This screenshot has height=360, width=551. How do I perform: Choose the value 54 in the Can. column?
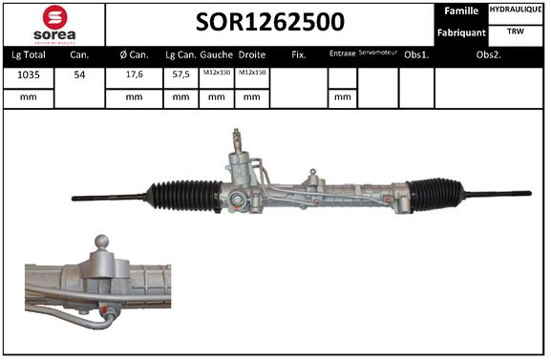point(79,74)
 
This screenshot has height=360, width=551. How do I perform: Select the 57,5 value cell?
point(180,74)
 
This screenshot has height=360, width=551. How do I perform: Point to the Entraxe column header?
point(342,54)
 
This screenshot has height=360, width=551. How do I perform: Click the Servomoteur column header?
point(377,54)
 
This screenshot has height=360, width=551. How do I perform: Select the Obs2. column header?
point(490,54)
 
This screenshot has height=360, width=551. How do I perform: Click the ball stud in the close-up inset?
point(102,242)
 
